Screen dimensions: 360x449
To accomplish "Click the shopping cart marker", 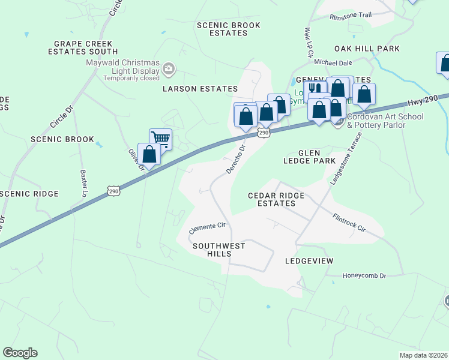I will pyautogui.click(x=160, y=138).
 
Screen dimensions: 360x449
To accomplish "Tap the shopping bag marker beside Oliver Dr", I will pyautogui.click(x=149, y=154).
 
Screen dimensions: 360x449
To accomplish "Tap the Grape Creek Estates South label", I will pyautogui.click(x=86, y=48).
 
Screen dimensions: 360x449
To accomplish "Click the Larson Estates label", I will pyautogui.click(x=196, y=89).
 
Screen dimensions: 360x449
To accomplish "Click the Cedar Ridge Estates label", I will pyautogui.click(x=277, y=200).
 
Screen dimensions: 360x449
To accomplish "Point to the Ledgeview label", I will pyautogui.click(x=309, y=261).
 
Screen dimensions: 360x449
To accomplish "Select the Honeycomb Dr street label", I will pyautogui.click(x=364, y=275).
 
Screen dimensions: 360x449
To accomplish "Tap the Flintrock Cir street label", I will pyautogui.click(x=349, y=221).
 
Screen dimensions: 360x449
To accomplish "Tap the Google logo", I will pyautogui.click(x=20, y=353).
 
